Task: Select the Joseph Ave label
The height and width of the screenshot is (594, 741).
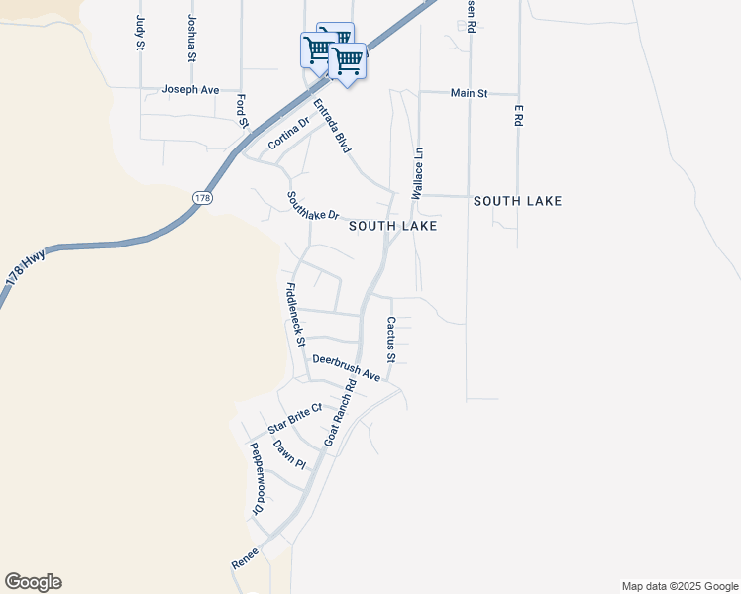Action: [191, 89]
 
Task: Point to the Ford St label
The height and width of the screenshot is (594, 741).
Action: [242, 111]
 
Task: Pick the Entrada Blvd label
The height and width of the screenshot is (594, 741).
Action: [332, 125]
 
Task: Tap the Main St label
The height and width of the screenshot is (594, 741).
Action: [470, 93]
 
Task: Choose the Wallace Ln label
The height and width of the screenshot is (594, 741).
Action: [419, 171]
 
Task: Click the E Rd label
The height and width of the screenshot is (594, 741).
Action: [517, 114]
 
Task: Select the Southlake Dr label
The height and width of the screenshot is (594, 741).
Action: [313, 206]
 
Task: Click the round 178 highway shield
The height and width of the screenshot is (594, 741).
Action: [202, 198]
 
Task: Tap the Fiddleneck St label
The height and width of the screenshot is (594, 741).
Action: [294, 315]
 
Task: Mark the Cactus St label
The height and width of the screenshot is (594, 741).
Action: [391, 340]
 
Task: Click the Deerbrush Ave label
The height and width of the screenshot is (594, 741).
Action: [347, 368]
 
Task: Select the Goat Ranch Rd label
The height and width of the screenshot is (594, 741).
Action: [340, 410]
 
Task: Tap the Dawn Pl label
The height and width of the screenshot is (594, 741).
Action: [289, 454]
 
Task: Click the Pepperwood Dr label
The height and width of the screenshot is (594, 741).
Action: [258, 478]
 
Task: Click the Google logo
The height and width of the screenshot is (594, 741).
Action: [33, 582]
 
